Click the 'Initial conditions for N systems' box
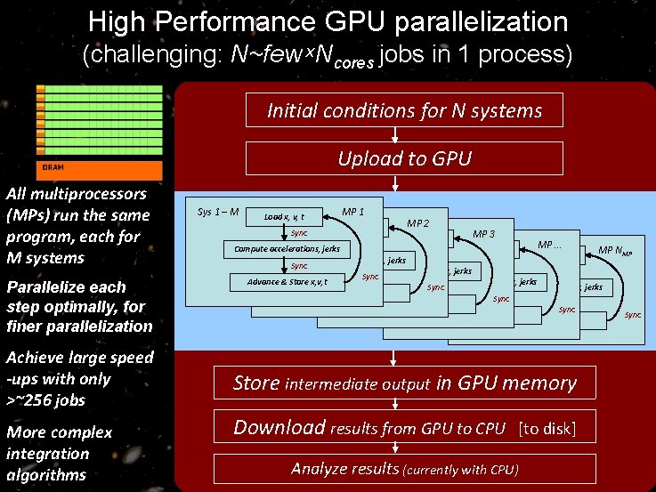[404, 110]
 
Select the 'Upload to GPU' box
[404, 158]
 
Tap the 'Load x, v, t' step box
[285, 216]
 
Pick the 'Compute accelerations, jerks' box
[287, 249]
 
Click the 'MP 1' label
[352, 211]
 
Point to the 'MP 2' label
[418, 222]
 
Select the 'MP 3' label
[484, 234]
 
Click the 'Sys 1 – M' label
[217, 211]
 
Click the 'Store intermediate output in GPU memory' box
[404, 383]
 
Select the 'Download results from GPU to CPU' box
[369, 428]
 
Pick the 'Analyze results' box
[404, 469]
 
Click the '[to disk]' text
[547, 429]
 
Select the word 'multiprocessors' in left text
[76, 194]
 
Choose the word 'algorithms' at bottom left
[46, 474]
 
